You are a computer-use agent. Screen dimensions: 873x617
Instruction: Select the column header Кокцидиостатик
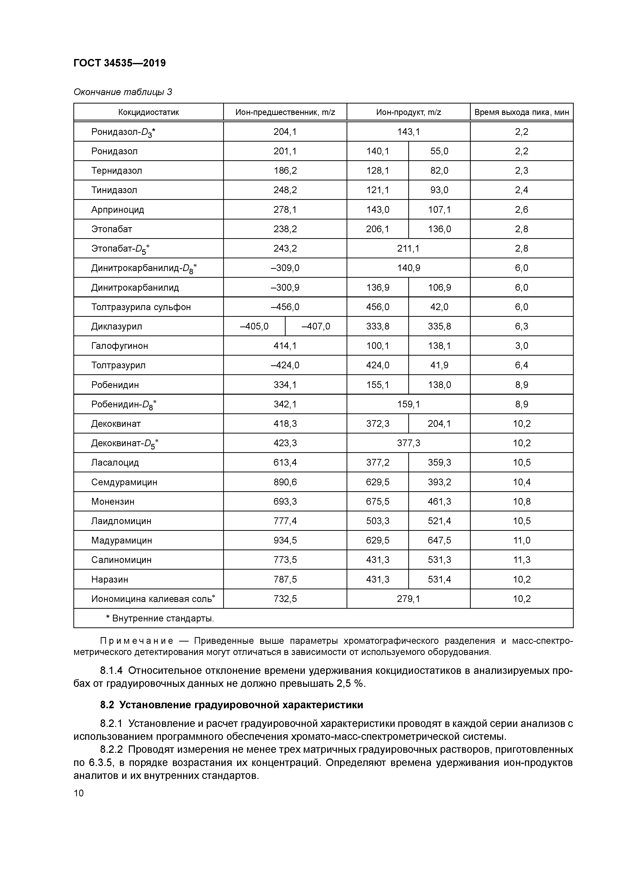tap(148, 112)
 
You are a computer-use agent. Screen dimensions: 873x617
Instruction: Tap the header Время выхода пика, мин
tap(521, 112)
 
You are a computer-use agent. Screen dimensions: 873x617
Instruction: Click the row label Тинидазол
tap(114, 190)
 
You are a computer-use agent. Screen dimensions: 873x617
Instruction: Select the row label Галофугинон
tap(119, 346)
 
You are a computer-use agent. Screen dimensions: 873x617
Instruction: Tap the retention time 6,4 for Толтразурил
tap(521, 365)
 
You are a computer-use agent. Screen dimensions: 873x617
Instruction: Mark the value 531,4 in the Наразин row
tap(439, 579)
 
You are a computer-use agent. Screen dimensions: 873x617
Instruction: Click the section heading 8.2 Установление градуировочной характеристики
tap(232, 705)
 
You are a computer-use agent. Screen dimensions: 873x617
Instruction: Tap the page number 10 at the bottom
tap(79, 793)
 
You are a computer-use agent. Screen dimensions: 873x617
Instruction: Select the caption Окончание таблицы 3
tap(122, 92)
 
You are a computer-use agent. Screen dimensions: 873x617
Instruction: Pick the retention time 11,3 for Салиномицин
tap(521, 560)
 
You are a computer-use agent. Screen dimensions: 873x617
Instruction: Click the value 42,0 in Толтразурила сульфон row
tap(439, 307)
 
